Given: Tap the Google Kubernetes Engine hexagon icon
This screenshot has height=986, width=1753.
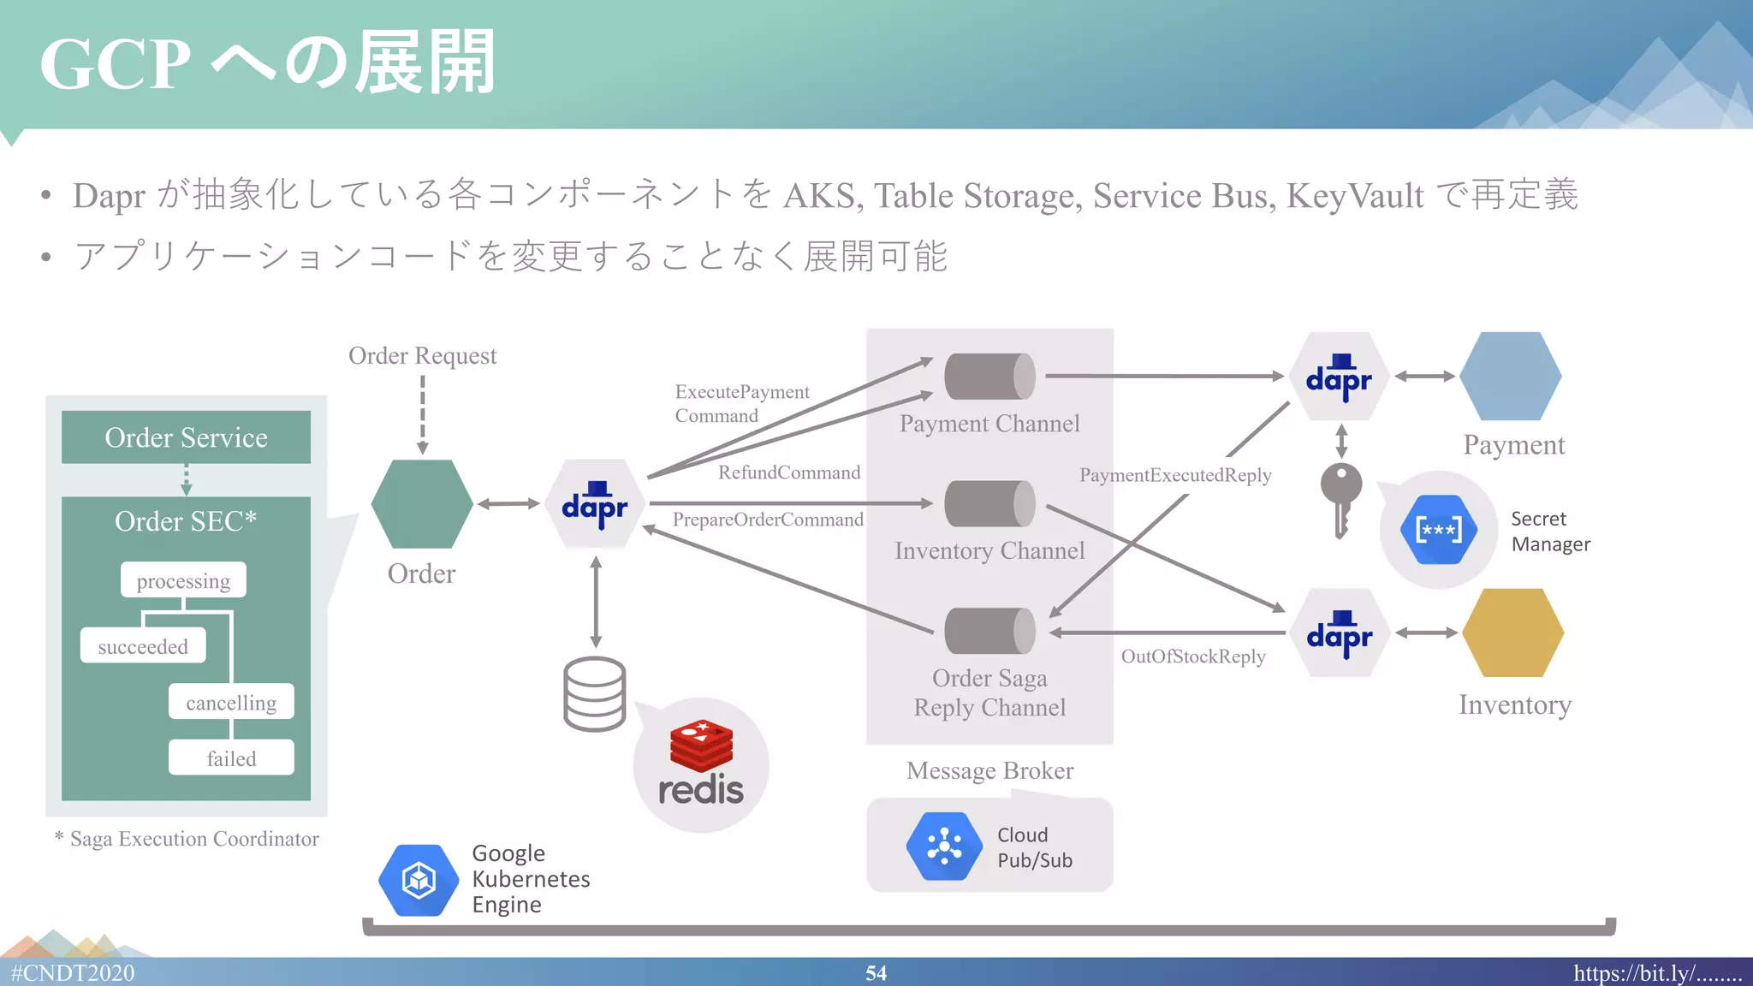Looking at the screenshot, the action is coord(419,880).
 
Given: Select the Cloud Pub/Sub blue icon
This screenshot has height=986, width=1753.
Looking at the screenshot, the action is coord(944,846).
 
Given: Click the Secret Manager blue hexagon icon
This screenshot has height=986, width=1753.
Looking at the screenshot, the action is coord(1438,530).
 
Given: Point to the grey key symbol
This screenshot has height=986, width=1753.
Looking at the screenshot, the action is coord(1340,499).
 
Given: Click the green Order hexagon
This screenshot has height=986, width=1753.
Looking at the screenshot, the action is coord(422,504).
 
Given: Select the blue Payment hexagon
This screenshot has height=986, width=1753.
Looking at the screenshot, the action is coord(1511,377).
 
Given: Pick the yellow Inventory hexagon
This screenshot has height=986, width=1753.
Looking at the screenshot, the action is coord(1512,633).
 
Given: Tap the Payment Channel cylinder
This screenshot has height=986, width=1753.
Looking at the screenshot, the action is coord(989,377).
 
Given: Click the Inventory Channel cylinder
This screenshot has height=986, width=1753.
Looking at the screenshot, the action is coord(989,504).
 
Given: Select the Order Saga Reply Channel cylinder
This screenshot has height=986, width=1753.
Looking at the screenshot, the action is coord(989,632).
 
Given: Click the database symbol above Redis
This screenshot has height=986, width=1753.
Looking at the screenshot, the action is coord(595,693).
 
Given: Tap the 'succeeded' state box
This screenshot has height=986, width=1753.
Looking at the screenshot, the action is coord(143,646).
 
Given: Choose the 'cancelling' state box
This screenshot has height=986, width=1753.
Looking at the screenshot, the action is coord(231,702).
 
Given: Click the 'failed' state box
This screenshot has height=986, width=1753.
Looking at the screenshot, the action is coord(231,758).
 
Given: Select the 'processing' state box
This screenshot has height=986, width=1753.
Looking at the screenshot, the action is coord(183,580).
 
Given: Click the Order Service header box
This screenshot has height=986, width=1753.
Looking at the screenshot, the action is coord(186,437).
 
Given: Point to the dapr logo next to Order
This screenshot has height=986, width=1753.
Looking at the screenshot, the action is coord(595,505).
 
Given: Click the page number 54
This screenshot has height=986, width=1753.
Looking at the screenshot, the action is coord(876,973).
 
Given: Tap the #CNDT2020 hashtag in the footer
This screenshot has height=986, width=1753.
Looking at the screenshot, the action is coord(73,973).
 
